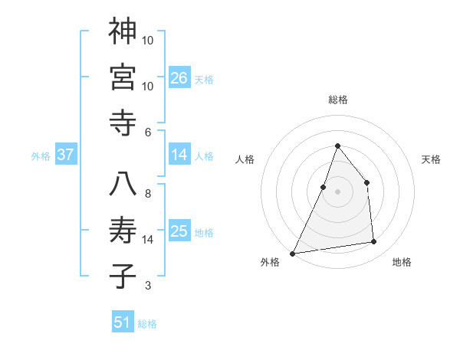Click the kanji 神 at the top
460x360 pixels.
coord(123,31)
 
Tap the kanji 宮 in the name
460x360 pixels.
coord(123,77)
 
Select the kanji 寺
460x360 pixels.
coord(123,122)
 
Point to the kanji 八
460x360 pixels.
coord(123,184)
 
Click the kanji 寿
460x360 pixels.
coord(123,230)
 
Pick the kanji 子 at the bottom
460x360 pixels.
coord(123,276)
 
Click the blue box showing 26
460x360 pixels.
coord(179,77)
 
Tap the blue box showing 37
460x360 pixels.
coord(66,154)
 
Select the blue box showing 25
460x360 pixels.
coord(179,231)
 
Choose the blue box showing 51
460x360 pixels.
coord(123,322)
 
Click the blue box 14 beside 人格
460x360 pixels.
coord(179,154)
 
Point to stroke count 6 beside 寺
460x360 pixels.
coord(148,132)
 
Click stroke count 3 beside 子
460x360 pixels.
coord(148,286)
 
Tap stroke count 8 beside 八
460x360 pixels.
coord(148,193)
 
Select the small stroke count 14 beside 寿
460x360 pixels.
coord(148,240)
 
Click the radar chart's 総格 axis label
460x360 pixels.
coord(337,100)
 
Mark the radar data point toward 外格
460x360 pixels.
coord(292,253)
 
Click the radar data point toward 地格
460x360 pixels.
coord(374,242)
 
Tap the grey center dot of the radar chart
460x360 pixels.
coord(337,191)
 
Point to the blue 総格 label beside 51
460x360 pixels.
coord(147,324)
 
